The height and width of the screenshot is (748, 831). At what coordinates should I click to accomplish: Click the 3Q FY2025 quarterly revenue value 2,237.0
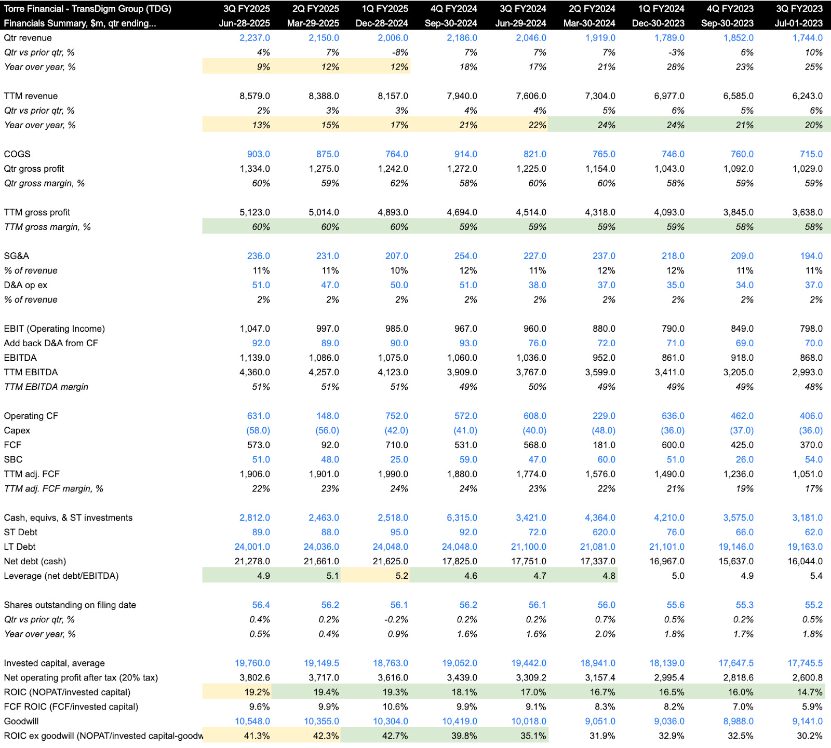254,38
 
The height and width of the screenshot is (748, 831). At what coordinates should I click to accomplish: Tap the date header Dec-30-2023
658,23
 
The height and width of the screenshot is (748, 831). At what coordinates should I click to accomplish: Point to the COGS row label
17,154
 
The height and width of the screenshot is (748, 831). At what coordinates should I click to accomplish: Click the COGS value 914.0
465,154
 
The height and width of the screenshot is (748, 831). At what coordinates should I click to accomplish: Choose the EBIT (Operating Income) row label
54,329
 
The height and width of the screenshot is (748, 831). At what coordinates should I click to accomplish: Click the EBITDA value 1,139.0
254,358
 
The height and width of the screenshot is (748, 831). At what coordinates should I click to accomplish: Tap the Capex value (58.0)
258,430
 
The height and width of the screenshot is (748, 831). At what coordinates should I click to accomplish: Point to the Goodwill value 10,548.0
252,721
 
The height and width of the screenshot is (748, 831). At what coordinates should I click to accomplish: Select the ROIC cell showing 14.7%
810,692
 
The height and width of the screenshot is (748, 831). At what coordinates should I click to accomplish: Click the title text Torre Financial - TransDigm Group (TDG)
87,9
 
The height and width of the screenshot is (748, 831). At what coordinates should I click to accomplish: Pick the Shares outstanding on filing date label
70,605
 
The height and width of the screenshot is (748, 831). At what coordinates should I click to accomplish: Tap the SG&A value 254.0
465,256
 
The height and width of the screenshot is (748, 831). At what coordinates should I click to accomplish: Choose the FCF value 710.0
396,445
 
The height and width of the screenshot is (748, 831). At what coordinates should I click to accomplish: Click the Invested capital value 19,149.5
321,663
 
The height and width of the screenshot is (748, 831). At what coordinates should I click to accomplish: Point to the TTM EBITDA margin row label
46,387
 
